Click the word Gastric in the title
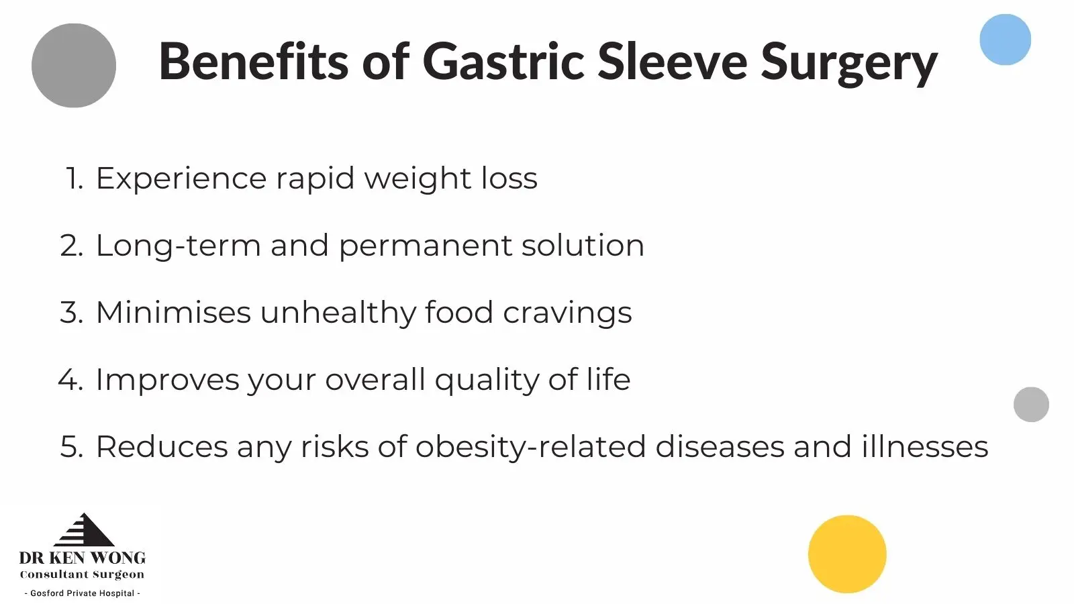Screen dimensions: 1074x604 (503, 61)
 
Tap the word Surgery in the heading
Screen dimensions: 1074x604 (849, 64)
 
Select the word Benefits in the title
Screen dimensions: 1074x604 (254, 60)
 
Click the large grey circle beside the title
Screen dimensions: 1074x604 (74, 66)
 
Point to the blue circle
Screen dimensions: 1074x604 (1005, 40)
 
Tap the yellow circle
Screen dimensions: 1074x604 (847, 554)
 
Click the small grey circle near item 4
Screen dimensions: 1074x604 (1031, 405)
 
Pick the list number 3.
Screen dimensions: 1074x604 (71, 313)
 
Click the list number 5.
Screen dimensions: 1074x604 (71, 447)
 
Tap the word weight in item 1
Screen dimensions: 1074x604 (418, 180)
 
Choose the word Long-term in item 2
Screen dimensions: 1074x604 (179, 246)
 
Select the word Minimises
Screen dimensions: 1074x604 (174, 312)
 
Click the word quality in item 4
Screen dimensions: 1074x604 (487, 381)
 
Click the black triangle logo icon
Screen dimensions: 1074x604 (84, 530)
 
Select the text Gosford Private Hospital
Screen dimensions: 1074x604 (82, 593)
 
